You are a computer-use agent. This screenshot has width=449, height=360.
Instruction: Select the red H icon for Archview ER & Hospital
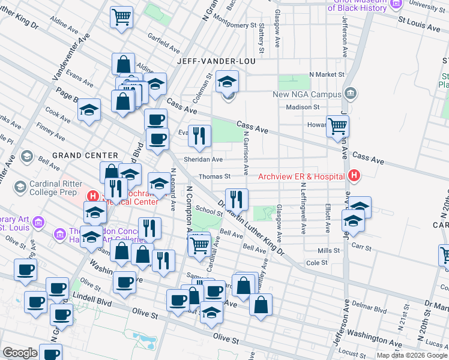point(354,176)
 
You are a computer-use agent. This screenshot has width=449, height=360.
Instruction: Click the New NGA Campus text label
point(306,94)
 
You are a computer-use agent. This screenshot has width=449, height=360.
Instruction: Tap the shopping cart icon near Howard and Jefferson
point(338,126)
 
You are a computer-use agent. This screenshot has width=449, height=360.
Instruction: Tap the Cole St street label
point(316,263)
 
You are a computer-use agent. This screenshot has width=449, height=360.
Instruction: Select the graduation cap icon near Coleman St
point(228,81)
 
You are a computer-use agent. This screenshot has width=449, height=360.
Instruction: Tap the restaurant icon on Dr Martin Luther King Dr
point(237,199)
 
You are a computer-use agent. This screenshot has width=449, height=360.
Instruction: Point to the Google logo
point(20,352)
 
